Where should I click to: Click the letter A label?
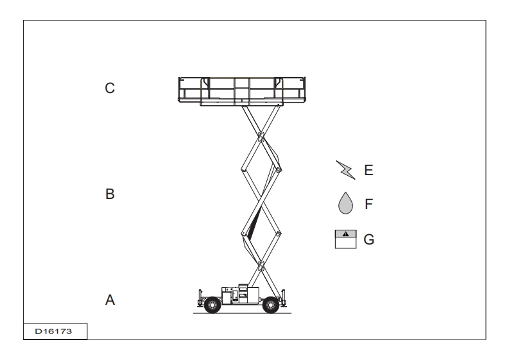(110, 300)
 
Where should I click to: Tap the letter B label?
(110, 194)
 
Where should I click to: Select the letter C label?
(110, 88)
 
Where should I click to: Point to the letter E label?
(369, 170)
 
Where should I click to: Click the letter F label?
(368, 204)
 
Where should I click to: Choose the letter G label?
(369, 239)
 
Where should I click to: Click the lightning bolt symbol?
(346, 170)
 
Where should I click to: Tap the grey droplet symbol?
(345, 203)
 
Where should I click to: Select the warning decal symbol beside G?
(345, 239)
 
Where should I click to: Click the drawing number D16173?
(53, 331)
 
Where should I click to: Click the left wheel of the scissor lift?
(212, 305)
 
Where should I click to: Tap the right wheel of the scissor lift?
(271, 305)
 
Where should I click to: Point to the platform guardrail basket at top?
(242, 91)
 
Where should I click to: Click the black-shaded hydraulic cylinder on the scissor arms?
(254, 224)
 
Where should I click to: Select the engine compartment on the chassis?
(240, 294)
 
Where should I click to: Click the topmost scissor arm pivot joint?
(261, 137)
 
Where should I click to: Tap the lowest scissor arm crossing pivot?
(260, 266)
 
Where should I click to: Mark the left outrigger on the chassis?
(200, 298)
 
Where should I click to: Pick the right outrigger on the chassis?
(284, 298)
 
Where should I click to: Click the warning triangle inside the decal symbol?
(346, 234)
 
